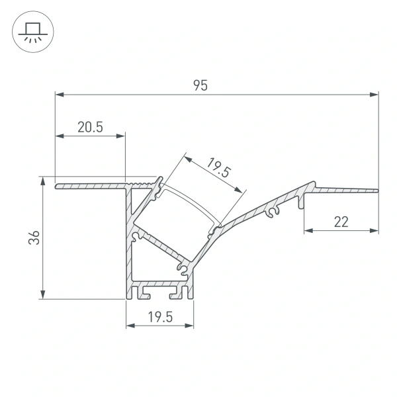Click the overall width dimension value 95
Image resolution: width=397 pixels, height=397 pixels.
tap(200, 85)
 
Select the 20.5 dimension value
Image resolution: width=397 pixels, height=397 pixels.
tap(89, 128)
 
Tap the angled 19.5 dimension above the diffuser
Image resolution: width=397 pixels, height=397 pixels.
tap(218, 168)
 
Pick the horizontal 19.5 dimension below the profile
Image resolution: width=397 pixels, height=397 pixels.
tap(159, 317)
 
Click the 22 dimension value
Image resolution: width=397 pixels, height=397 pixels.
tap(341, 222)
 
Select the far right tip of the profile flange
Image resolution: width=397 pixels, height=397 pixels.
tap(377, 191)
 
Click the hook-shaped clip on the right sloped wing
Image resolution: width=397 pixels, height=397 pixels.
tap(272, 213)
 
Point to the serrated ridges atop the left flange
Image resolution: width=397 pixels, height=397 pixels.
tap(142, 180)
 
